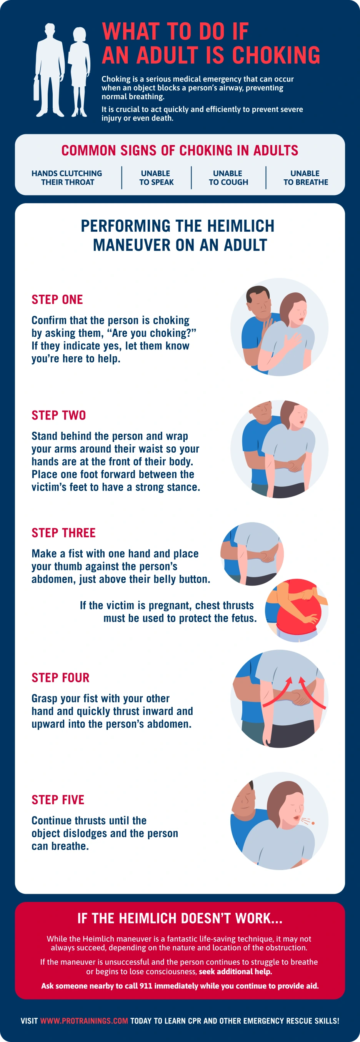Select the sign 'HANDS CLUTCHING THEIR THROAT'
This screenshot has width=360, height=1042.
coord(67,177)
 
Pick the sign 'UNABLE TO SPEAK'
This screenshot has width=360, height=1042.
coord(156,177)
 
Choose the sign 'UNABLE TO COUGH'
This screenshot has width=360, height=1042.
coord(228,177)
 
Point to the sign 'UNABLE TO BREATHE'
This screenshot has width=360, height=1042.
coord(305,177)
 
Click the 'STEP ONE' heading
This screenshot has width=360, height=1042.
coord(57,299)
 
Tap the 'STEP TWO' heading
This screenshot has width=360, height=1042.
coord(58,415)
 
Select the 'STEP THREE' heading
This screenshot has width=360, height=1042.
coord(63,532)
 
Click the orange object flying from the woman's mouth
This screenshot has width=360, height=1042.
coord(313,823)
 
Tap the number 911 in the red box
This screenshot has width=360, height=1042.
coord(146,986)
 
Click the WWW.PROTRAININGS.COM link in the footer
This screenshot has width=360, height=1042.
coord(84,1020)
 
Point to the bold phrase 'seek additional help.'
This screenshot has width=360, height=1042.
coord(235,972)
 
